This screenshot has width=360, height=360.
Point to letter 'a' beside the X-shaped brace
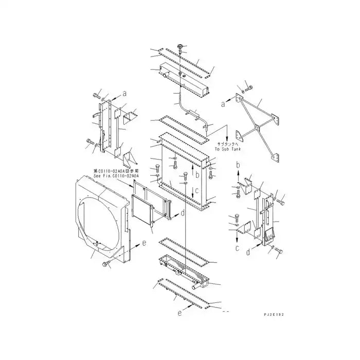coord(223,104)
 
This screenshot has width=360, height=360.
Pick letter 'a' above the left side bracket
coord(124,94)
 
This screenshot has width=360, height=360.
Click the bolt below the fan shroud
coord(106,264)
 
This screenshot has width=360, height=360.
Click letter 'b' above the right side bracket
coord(238,165)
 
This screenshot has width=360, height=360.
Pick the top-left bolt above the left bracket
coord(96,96)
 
